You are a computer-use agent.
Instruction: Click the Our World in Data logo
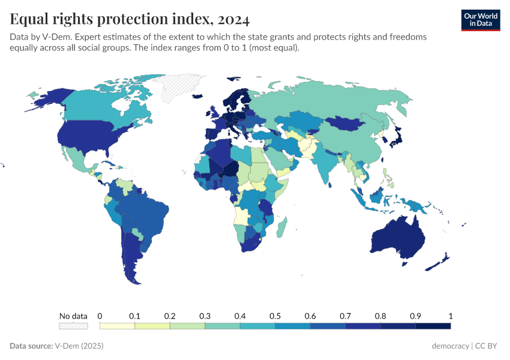click(480, 19)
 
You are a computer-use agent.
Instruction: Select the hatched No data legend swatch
click(73, 326)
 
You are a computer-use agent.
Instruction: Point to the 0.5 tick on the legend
click(275, 316)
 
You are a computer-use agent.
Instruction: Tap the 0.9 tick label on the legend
click(415, 316)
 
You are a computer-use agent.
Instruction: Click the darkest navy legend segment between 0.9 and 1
click(433, 326)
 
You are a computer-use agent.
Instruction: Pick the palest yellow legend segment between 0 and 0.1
click(117, 326)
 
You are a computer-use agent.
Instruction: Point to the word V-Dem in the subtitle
click(48, 37)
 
